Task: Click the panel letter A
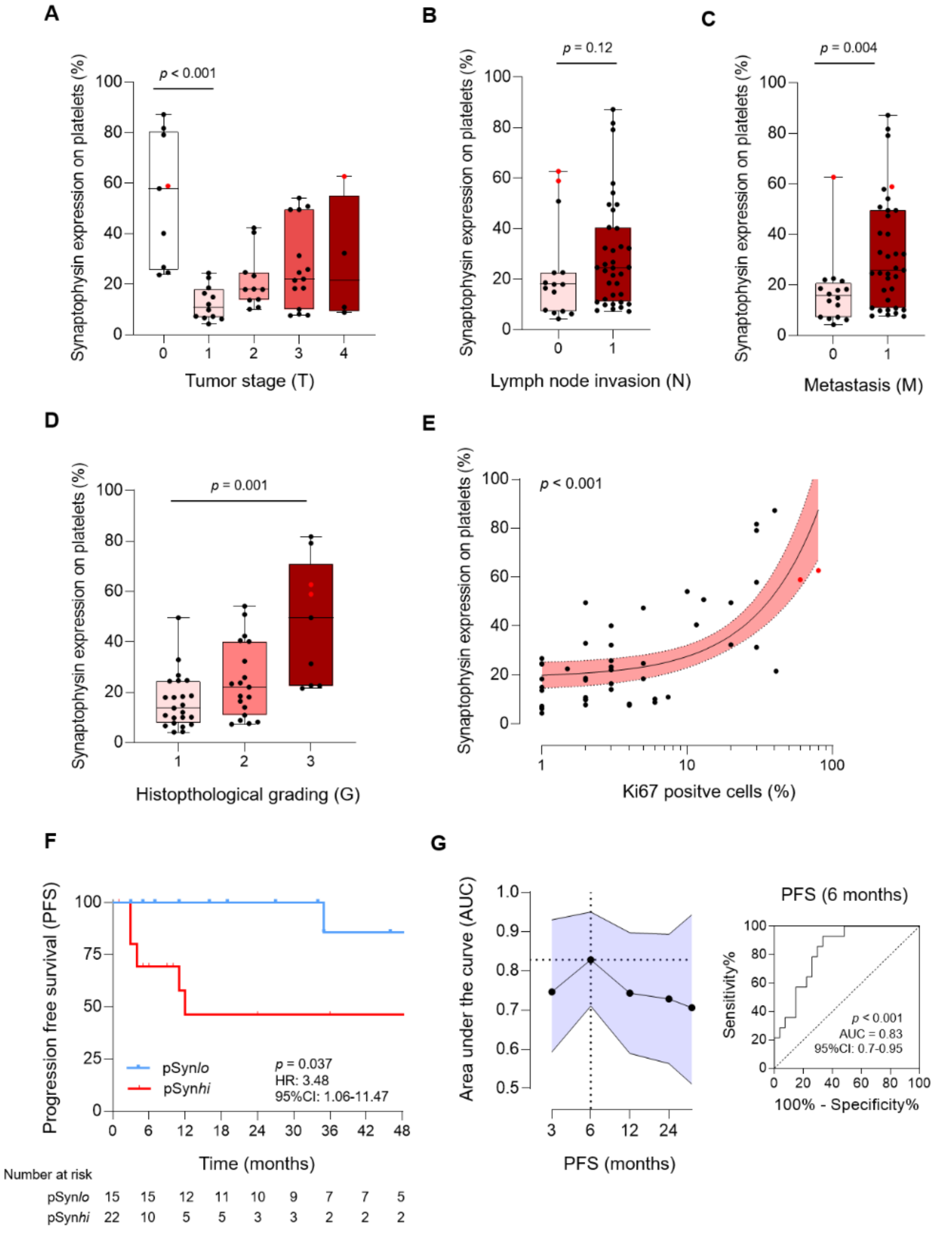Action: tap(51, 13)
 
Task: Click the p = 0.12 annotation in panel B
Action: tap(587, 48)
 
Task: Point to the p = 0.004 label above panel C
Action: tap(848, 48)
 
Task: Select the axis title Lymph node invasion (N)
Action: tap(590, 381)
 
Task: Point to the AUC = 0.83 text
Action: tap(870, 1034)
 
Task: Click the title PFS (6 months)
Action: tap(844, 895)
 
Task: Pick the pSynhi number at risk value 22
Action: tap(112, 1217)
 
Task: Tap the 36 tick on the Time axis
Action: tap(329, 1130)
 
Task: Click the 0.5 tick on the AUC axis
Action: tap(506, 1088)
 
